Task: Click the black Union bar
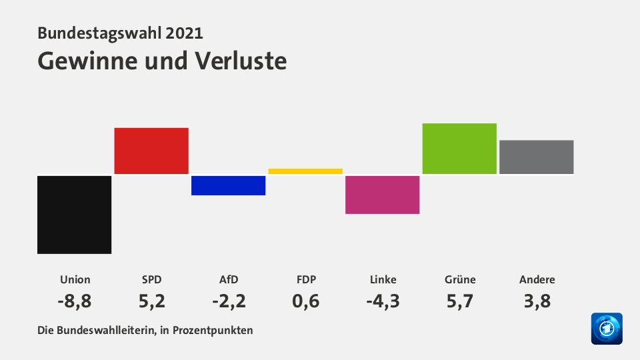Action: (x=74, y=215)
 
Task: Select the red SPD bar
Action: (x=151, y=151)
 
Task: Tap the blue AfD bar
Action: (x=228, y=185)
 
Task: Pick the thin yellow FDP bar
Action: (x=305, y=171)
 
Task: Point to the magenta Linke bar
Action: (x=382, y=195)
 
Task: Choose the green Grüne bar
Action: (x=459, y=149)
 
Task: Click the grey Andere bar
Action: (x=536, y=157)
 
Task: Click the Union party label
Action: (x=75, y=279)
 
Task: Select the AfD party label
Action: (x=229, y=279)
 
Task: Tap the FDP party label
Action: (x=305, y=279)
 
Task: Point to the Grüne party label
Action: (x=460, y=279)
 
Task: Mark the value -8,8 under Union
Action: (x=74, y=301)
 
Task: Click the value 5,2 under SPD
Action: (x=151, y=301)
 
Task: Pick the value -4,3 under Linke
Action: (x=383, y=301)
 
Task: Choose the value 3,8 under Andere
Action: (x=537, y=301)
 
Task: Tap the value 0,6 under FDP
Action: (x=305, y=301)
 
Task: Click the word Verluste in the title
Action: (x=241, y=61)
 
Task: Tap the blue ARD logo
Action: (x=606, y=329)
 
